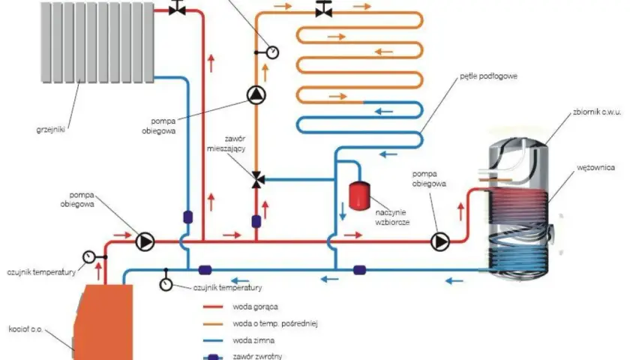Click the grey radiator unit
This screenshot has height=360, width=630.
click(97, 42)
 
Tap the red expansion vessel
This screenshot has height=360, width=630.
click(359, 196)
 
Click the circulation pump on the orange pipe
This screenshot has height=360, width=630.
click(256, 95)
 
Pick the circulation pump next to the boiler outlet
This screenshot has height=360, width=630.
click(145, 241)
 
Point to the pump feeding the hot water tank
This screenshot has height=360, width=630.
click(440, 241)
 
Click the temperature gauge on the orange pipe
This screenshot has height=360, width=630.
click(272, 52)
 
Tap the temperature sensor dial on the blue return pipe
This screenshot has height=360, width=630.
click(166, 284)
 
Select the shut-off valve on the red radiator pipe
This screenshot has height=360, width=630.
click(177, 8)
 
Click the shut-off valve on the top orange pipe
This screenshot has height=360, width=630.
click(323, 10)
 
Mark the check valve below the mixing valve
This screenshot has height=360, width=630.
click(256, 221)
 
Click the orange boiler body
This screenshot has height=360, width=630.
click(103, 322)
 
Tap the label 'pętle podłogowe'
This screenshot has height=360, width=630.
click(488, 76)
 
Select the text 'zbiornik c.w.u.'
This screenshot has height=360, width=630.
click(597, 112)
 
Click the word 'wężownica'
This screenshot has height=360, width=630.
click(595, 167)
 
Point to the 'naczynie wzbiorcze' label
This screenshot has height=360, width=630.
click(392, 217)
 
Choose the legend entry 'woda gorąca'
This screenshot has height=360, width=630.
click(255, 307)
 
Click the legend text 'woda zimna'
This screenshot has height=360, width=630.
click(253, 340)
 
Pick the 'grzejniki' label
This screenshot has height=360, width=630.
click(51, 130)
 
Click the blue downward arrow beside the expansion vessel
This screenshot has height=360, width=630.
click(342, 211)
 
